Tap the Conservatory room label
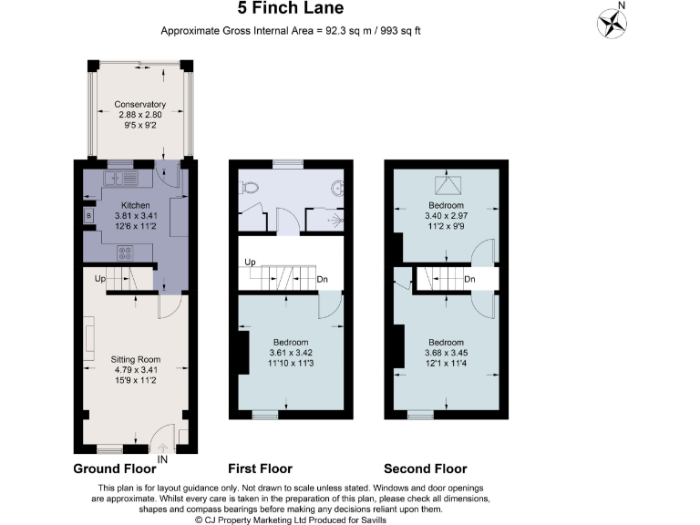[139, 104]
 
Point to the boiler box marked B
[88, 216]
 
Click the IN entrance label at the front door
[163, 459]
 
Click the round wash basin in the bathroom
[336, 189]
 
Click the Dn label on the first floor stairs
[322, 280]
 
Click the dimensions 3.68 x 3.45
[446, 353]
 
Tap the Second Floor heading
[425, 468]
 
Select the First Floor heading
[260, 468]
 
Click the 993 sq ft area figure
[397, 31]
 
